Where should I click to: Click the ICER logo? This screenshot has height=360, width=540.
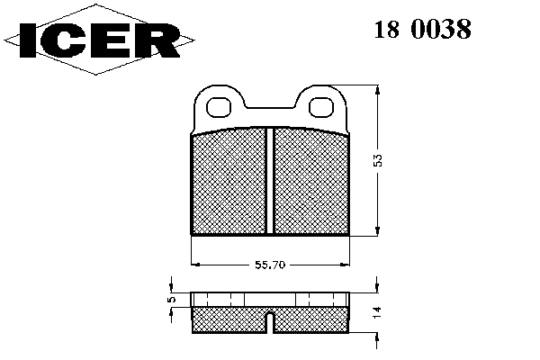point(99,40)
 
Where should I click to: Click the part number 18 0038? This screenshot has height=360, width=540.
point(423,29)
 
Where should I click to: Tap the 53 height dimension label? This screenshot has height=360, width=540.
point(378,160)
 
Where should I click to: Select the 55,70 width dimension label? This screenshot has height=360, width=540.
point(270,265)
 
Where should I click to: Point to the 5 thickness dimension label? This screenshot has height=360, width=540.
point(172,299)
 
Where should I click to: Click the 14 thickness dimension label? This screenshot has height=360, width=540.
point(377,311)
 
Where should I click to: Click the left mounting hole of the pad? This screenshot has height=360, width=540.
point(218,107)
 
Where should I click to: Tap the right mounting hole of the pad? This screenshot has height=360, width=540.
point(321,107)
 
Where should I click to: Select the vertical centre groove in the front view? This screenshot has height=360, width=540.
point(270,181)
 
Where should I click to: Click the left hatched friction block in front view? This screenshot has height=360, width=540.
point(229,181)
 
